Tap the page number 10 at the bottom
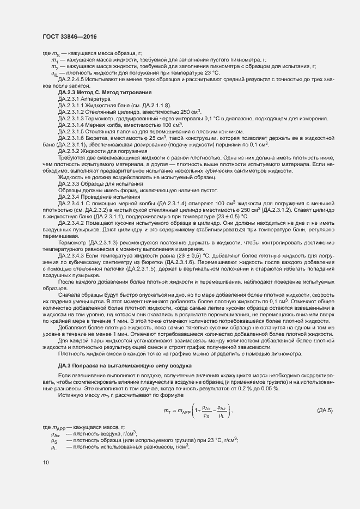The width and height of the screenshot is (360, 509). pyautogui.click(x=46, y=462)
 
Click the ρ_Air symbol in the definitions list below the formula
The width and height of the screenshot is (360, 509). pyautogui.click(x=55, y=434)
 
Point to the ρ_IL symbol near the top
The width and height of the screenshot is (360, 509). pyautogui.click(x=54, y=73)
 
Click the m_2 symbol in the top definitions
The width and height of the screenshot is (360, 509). pyautogui.click(x=54, y=66)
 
